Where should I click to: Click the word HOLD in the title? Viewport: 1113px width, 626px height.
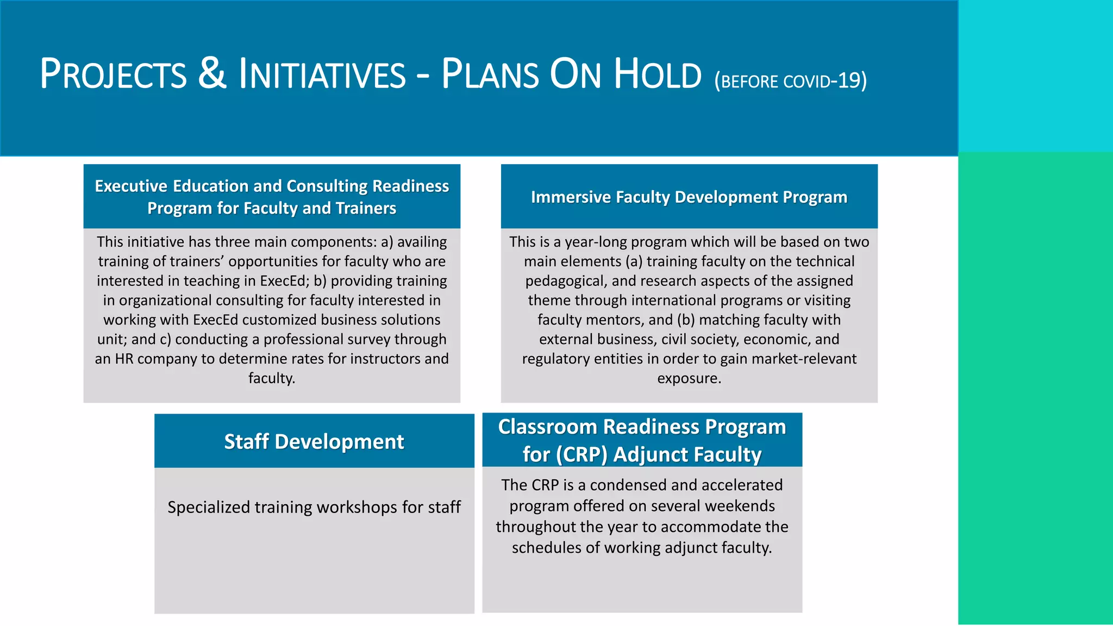click(x=658, y=74)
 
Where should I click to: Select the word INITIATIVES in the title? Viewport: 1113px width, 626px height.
click(x=322, y=74)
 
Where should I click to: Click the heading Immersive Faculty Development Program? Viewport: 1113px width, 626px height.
click(x=689, y=197)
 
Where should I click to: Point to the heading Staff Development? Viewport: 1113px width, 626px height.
click(x=314, y=441)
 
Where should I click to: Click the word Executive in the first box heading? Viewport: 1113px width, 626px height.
click(x=131, y=186)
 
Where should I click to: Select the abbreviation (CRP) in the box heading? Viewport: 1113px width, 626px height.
click(x=581, y=454)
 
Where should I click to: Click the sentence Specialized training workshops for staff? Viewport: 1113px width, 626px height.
click(x=314, y=507)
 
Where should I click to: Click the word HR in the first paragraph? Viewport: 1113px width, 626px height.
click(x=124, y=359)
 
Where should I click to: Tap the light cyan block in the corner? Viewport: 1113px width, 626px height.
click(x=1035, y=76)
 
